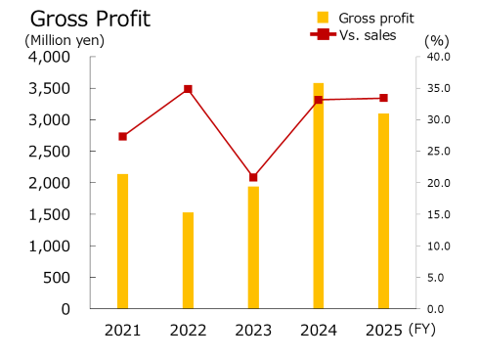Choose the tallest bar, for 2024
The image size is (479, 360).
319,196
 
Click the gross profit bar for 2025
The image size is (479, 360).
383,210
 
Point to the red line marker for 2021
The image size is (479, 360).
122,136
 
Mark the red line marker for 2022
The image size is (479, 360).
188,89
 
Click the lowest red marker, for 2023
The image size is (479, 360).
253,177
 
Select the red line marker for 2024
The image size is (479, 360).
319,100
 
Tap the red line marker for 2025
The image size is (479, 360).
383,98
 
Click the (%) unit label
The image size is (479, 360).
436,40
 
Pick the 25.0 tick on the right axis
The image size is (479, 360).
436,152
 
